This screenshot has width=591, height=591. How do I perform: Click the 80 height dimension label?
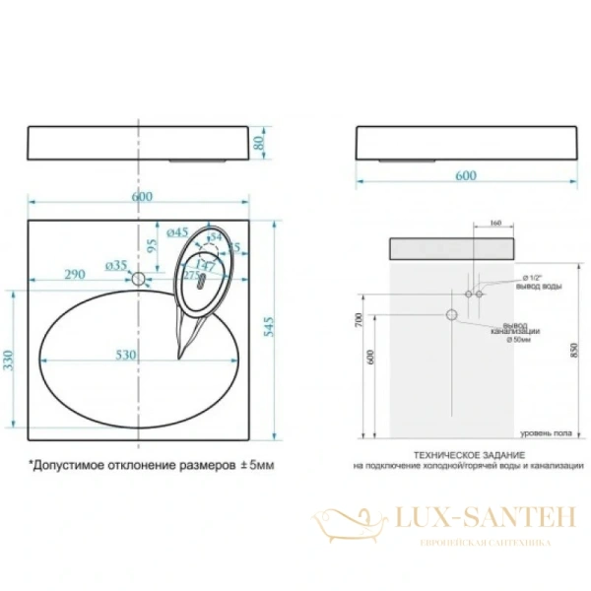pyautogui.click(x=261, y=143)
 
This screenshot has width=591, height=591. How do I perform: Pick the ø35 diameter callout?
pyautogui.click(x=116, y=265)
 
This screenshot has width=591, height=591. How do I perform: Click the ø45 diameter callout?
pyautogui.click(x=178, y=232)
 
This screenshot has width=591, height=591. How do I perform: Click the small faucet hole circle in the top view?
pyautogui.click(x=139, y=280)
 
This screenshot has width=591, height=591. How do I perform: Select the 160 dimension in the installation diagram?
pyautogui.click(x=494, y=223)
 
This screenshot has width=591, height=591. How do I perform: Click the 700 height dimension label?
pyautogui.click(x=361, y=319)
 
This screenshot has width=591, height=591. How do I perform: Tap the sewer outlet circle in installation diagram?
pyautogui.click(x=452, y=314)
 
